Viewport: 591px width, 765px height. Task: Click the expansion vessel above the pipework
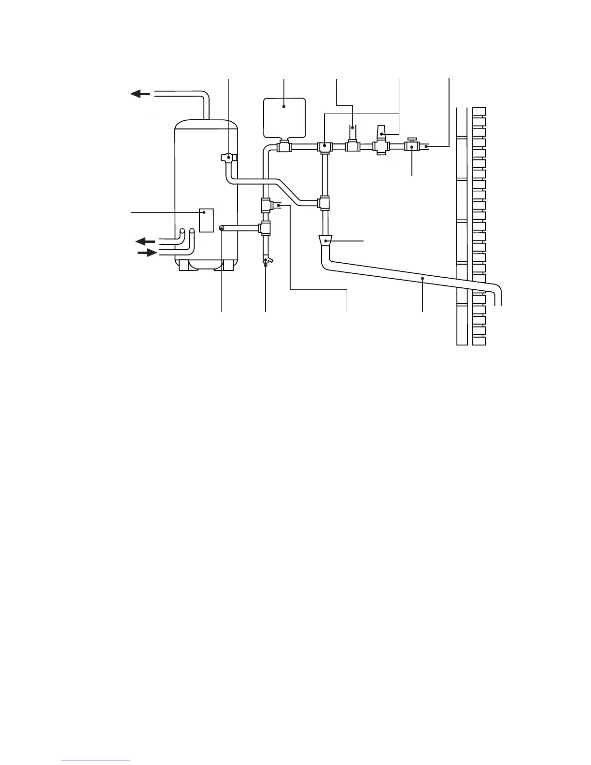pos(284,117)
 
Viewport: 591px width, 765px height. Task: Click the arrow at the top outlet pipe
pos(140,94)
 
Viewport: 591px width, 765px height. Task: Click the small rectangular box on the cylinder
pos(206,220)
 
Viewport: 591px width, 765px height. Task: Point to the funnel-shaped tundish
pos(327,240)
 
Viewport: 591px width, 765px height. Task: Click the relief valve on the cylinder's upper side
pos(228,157)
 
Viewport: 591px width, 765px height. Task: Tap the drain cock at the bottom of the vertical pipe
pos(267,261)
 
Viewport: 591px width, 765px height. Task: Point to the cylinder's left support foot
pos(184,265)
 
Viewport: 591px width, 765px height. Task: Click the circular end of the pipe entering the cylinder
pos(222,228)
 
